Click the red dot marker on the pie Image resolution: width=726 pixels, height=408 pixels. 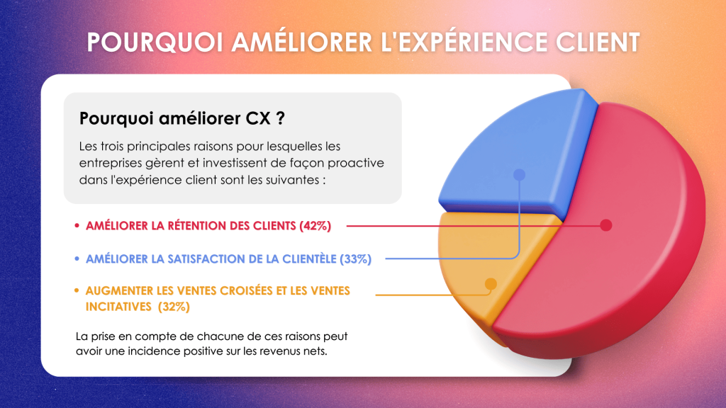[606, 225]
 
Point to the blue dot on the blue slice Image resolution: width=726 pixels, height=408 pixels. [520, 174]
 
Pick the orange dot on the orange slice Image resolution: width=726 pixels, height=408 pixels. [491, 283]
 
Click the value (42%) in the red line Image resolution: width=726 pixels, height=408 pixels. [315, 226]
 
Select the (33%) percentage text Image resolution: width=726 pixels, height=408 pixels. [356, 259]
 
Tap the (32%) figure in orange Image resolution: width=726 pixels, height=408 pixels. [174, 307]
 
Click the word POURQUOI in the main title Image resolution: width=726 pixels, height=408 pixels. [155, 42]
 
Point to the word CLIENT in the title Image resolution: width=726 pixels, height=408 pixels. [598, 42]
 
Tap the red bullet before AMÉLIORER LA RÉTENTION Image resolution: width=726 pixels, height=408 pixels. [77, 226]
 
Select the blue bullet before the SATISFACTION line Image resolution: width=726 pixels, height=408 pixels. [77, 259]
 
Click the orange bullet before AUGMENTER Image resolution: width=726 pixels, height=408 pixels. [77, 290]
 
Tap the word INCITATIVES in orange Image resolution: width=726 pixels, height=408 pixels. [118, 307]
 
